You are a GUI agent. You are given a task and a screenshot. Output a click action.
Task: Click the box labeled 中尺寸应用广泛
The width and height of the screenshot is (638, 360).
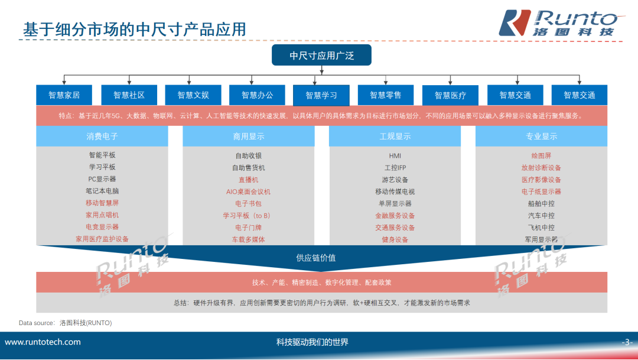coord(321,56)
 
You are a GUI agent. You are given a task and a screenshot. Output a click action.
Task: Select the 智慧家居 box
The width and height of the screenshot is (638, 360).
coord(64,95)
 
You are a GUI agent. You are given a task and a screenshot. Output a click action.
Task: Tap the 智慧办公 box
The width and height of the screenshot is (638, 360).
coord(257,95)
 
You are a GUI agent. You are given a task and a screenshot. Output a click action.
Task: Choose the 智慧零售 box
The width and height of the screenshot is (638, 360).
coord(385,95)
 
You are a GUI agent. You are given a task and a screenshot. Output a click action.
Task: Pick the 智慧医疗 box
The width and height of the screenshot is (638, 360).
coord(450,95)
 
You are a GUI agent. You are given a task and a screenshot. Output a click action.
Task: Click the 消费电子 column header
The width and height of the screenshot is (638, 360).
coord(102,137)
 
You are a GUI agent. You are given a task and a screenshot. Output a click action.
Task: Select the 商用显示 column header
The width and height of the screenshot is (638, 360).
coord(248,137)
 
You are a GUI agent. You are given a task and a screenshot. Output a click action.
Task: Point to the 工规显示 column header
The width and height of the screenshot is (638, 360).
coord(395,137)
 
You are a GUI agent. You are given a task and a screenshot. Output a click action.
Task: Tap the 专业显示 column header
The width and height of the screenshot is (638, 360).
coord(541,137)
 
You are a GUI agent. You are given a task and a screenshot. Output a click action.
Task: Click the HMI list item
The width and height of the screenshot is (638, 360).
coord(395,155)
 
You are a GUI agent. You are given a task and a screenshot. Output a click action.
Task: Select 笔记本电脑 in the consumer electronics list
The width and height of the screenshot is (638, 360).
coord(102,191)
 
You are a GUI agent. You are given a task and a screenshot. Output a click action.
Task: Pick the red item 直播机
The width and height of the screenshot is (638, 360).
coord(248,180)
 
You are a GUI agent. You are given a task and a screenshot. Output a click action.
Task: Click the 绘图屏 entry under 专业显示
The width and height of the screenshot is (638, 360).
coord(541,155)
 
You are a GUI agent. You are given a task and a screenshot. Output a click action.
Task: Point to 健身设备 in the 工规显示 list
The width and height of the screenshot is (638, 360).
coord(395,239)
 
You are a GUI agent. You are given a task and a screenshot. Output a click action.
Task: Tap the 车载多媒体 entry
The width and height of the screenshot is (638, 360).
coord(248,239)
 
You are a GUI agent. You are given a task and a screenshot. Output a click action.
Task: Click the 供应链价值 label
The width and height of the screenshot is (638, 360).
coord(316,258)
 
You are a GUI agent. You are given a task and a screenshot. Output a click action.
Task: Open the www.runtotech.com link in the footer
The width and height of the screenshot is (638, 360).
coord(43,342)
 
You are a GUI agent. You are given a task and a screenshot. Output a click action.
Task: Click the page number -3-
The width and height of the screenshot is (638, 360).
coord(627,342)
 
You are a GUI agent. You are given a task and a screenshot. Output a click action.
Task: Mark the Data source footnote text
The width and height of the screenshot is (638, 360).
coord(65,323)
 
